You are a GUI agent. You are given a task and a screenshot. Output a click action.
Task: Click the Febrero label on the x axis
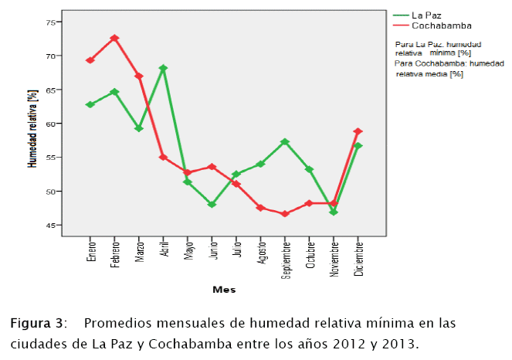115,249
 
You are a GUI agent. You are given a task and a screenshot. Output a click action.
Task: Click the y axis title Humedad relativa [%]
32,128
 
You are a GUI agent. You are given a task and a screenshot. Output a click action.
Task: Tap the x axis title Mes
224,290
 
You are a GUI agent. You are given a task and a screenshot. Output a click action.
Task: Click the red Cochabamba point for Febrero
114,38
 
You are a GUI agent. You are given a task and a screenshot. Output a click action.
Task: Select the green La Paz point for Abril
163,68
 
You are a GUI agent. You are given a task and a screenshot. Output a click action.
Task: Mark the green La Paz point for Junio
212,205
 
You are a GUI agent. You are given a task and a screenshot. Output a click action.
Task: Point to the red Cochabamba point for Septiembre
285,214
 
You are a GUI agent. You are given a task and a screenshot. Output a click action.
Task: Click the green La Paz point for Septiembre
285,142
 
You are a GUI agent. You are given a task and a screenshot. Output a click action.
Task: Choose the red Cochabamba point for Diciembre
358,131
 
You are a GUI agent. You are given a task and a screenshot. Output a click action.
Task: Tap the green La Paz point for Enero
90,104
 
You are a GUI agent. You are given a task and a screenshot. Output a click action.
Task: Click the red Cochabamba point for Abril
163,157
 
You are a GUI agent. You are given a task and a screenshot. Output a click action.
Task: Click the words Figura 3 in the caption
36,324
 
